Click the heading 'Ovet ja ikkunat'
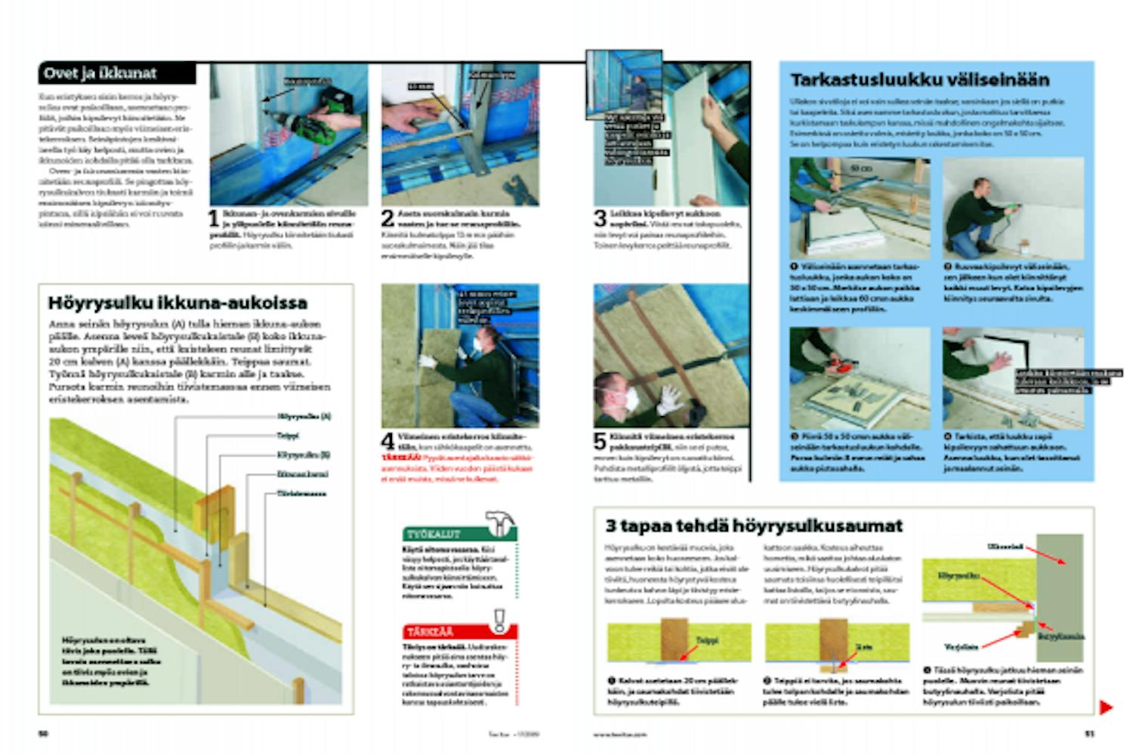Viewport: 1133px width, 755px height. tap(100, 73)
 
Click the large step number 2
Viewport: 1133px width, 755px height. tap(387, 218)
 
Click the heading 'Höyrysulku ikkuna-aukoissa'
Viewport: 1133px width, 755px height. tap(178, 303)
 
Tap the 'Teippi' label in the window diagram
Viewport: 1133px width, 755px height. tap(288, 436)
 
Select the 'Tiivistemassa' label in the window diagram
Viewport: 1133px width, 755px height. tap(301, 494)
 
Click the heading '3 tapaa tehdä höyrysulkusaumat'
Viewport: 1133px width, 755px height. tap(754, 525)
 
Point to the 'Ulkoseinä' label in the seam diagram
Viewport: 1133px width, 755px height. tap(1005, 546)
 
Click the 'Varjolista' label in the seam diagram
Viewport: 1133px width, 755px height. tap(961, 647)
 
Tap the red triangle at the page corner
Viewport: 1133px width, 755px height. tap(1105, 707)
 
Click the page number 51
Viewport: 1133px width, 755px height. tap(1089, 733)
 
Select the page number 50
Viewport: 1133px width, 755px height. tap(43, 733)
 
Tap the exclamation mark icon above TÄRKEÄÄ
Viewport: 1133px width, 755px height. tap(499, 620)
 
